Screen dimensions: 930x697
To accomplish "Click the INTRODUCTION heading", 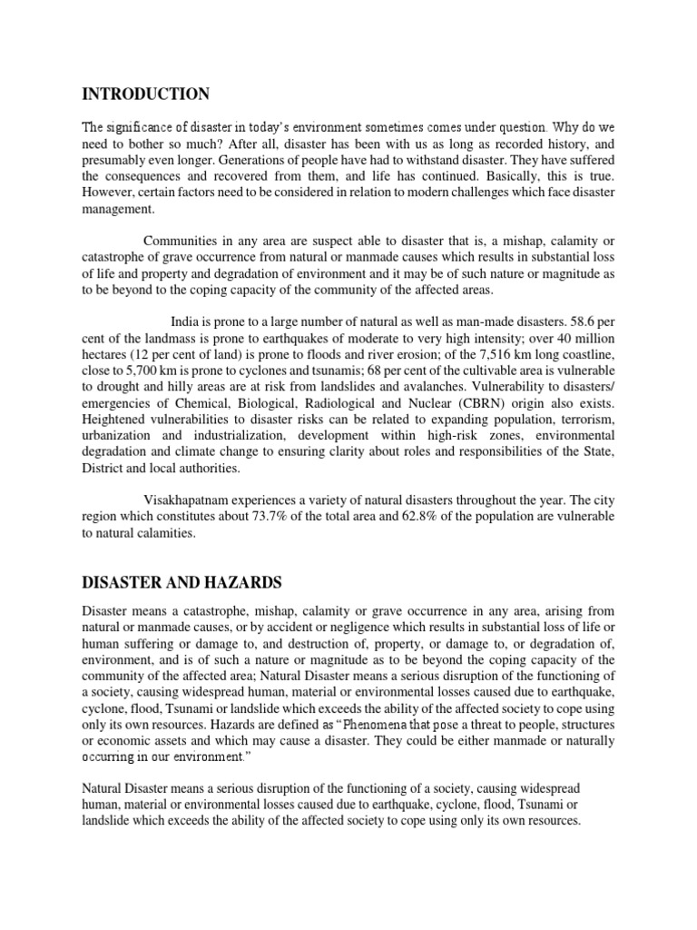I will tap(145, 94).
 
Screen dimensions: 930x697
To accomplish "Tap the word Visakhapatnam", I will tap(190, 498).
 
